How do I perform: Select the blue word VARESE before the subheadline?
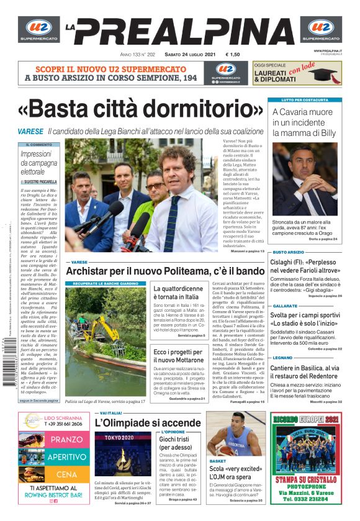[30, 132]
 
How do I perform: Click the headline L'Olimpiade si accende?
[148, 423]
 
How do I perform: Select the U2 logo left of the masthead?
[38, 29]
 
